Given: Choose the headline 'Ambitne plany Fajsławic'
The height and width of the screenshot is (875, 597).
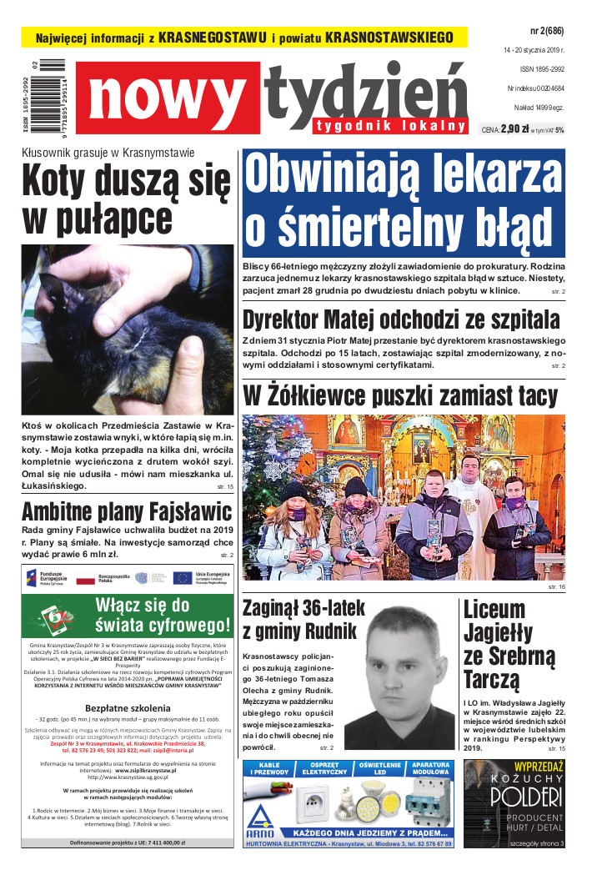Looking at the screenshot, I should point(114,510).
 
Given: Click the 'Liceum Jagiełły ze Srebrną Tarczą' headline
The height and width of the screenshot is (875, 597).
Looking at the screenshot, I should point(505,643).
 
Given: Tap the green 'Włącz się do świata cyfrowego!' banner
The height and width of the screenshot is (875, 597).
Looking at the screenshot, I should point(162,615).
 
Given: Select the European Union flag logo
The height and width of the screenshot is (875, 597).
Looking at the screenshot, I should point(182,577).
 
